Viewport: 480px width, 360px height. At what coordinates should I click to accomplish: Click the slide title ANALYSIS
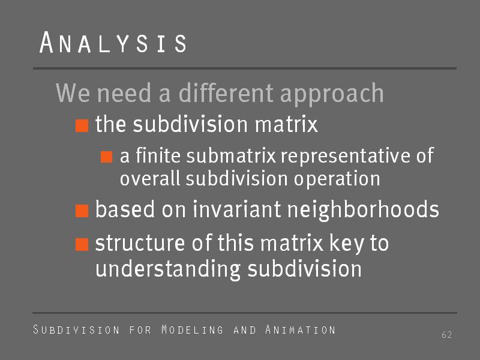[113, 43]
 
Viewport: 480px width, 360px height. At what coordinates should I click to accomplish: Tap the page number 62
[446, 335]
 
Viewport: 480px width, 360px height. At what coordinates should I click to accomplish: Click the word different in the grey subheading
[226, 93]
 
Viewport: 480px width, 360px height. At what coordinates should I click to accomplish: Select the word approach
[332, 94]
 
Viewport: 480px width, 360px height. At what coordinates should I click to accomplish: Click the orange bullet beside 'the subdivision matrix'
[82, 125]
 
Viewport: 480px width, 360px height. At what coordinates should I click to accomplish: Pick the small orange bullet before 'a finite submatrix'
[107, 157]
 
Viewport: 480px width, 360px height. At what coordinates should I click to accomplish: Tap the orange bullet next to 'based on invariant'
[82, 211]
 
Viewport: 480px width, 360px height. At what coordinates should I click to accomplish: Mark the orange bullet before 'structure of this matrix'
[82, 244]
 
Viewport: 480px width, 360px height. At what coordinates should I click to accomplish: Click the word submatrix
[231, 155]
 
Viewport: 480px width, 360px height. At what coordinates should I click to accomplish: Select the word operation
[337, 179]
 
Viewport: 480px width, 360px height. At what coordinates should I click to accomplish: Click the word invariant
[236, 209]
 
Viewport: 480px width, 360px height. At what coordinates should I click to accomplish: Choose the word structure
[140, 244]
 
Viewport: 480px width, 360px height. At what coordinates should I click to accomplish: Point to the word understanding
[168, 269]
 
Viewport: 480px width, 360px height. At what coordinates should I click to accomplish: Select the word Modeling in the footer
[192, 329]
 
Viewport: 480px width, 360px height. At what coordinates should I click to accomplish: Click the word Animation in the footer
[301, 329]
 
